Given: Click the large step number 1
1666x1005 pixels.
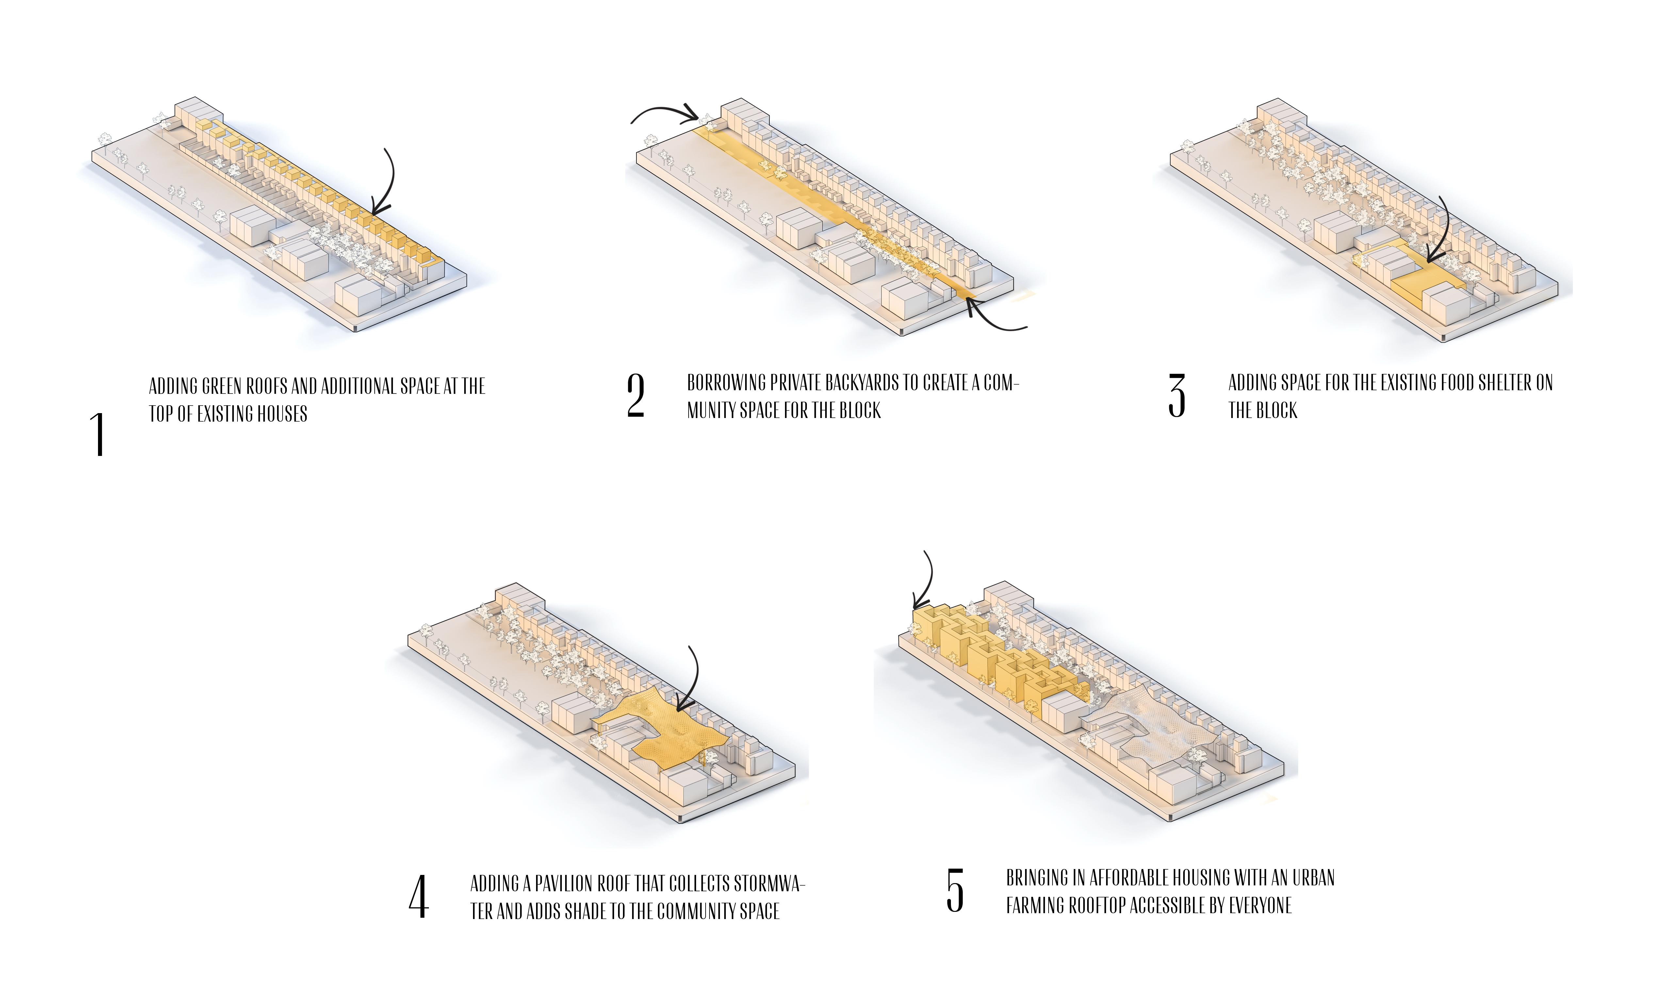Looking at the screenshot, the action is coord(99,434).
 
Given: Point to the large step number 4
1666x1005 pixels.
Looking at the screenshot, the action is coord(418,897).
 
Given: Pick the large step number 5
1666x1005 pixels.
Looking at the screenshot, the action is coord(955,891).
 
